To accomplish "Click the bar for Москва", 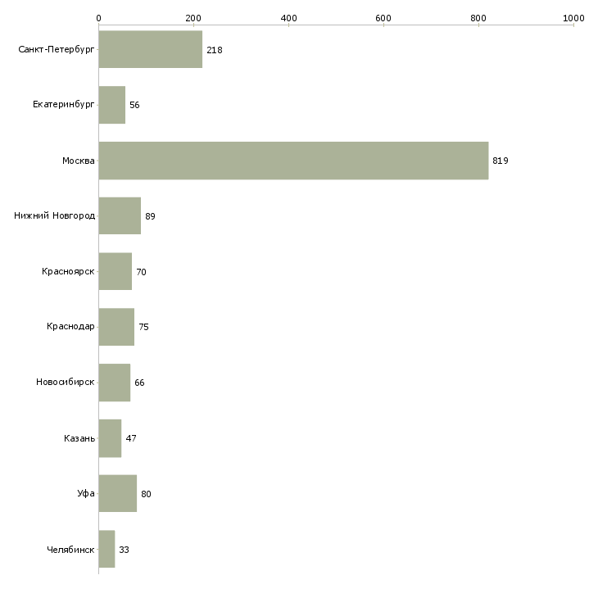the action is (x=293, y=161).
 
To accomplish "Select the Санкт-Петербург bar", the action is (x=151, y=49).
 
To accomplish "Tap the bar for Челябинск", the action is (x=106, y=549).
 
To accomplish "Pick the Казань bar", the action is (x=111, y=438).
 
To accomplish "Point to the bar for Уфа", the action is (x=118, y=493).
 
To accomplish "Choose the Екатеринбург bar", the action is (x=112, y=105).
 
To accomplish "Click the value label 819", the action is (x=501, y=161).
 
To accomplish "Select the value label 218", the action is (x=215, y=50).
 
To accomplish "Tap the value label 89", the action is (x=150, y=216).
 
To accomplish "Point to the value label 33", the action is (x=124, y=550).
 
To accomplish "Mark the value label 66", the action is (x=139, y=383).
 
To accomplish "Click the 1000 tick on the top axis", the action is (x=573, y=18).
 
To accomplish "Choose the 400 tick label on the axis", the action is (x=288, y=18).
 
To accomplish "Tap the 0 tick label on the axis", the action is (x=99, y=18).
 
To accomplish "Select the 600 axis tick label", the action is (x=383, y=18).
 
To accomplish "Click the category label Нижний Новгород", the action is (x=55, y=215).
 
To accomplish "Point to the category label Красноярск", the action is (x=68, y=271).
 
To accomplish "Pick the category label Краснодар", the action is (x=70, y=327).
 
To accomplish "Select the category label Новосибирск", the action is (x=66, y=382).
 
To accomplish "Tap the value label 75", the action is (x=144, y=327).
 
